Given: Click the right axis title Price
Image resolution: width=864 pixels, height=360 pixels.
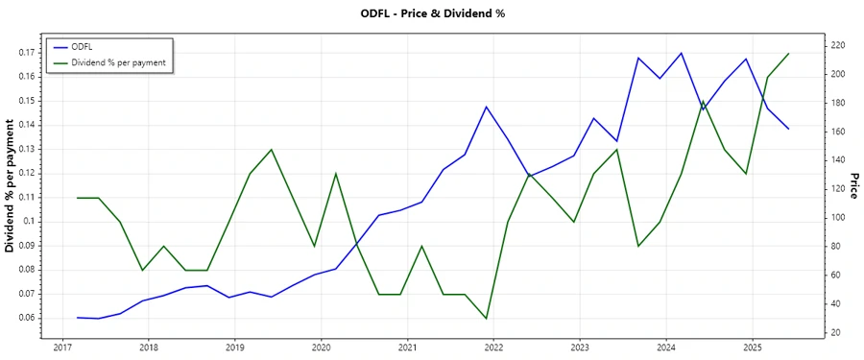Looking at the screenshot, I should (x=853, y=186).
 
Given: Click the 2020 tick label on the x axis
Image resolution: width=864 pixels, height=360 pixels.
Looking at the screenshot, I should (x=321, y=347).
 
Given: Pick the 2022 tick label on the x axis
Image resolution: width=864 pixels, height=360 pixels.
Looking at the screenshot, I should (x=492, y=347).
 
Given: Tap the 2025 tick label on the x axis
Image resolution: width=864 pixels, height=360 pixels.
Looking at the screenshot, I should (x=752, y=347).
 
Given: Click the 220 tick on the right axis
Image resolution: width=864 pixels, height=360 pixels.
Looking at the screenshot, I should (x=837, y=45).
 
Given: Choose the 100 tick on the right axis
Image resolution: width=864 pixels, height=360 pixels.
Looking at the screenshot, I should (x=837, y=218).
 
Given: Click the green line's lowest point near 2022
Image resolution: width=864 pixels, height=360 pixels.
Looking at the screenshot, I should (x=486, y=318).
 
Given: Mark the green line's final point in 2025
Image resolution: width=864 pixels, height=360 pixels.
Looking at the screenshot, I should (x=788, y=54).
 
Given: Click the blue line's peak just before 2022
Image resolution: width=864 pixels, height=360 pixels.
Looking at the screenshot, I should (x=486, y=107).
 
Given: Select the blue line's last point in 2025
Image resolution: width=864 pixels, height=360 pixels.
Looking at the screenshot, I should (x=788, y=129).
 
